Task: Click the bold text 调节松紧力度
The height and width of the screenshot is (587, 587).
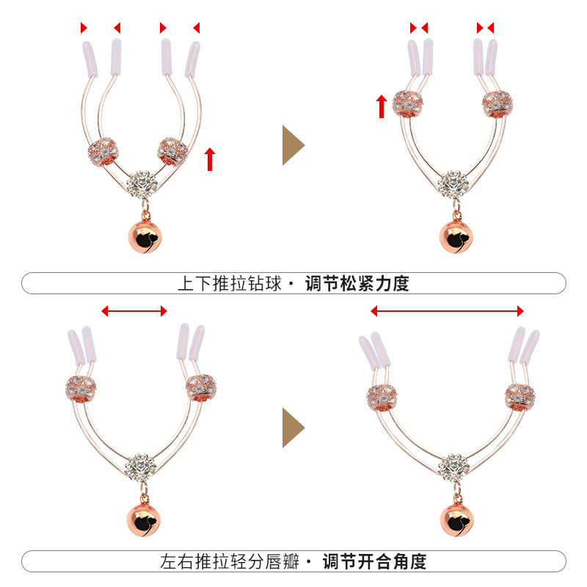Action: [357, 284]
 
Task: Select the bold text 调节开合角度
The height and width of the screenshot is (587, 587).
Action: [374, 562]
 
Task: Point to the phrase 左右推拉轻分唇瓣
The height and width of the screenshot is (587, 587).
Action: [230, 562]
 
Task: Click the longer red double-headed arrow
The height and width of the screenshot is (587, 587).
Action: [447, 311]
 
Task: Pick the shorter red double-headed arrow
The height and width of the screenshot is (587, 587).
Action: [134, 312]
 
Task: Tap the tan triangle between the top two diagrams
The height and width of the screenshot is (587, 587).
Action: [292, 145]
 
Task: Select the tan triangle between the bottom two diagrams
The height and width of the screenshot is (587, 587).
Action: [292, 427]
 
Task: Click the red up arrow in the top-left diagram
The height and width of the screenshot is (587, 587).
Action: [210, 158]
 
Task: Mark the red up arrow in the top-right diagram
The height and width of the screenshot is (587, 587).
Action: [382, 106]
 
